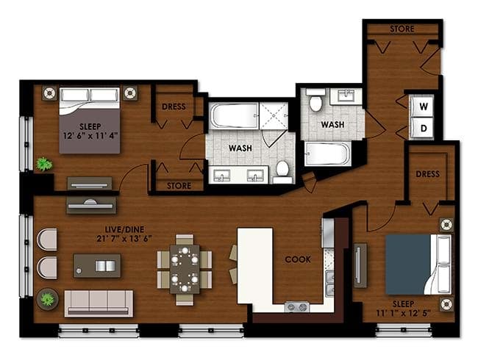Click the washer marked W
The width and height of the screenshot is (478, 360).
[422, 107]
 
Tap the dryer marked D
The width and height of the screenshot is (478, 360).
[422, 129]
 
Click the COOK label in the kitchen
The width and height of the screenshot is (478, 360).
[298, 259]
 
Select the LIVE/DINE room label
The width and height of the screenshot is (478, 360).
[124, 229]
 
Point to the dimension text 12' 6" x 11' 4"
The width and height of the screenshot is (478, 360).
[90, 135]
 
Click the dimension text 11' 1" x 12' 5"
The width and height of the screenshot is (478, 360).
[403, 313]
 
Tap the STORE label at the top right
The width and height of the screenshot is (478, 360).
[402, 29]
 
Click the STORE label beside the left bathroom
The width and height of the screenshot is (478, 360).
[179, 186]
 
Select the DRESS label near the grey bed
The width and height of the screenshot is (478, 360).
[174, 107]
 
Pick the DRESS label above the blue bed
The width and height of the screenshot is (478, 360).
[428, 174]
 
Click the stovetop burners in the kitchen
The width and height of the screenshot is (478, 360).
[297, 306]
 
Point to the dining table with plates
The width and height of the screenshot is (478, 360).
[185, 269]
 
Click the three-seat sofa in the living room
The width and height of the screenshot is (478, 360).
[99, 303]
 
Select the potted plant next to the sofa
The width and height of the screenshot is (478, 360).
[48, 299]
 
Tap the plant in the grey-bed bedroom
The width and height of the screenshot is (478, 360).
[44, 164]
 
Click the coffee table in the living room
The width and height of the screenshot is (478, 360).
[97, 266]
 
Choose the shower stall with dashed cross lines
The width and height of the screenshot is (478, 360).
[274, 116]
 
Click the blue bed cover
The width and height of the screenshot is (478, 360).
[408, 264]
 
